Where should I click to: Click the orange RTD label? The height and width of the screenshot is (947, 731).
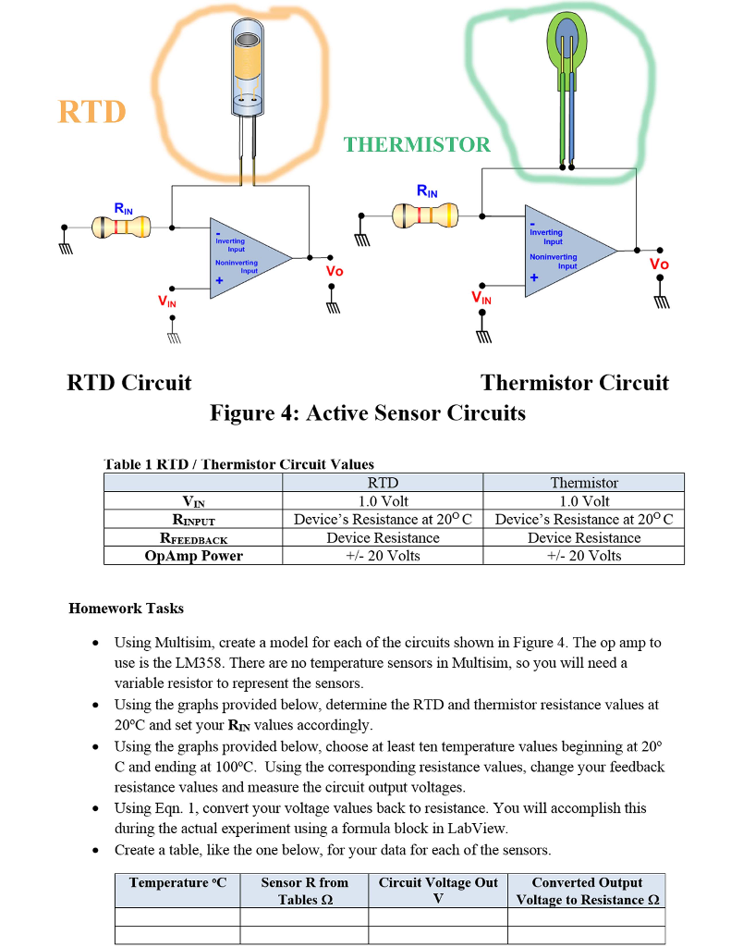pos(91,111)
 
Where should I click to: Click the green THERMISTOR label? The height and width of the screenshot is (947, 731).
pos(417,144)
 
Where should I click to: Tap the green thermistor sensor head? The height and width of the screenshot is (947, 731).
pos(567,44)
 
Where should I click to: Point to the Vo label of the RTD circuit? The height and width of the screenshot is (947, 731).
pos(334,271)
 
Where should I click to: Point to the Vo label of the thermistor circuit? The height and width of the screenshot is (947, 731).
pos(658,264)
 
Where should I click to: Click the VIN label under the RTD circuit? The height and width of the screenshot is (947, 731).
pos(166,301)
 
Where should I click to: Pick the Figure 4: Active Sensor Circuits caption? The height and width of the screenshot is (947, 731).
pos(367,412)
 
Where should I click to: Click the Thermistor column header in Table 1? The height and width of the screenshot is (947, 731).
pos(583,482)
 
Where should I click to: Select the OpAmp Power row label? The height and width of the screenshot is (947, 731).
pos(193,556)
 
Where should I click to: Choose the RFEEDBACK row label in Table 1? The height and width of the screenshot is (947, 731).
pos(193,537)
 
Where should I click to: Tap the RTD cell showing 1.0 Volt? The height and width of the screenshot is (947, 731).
pos(383,500)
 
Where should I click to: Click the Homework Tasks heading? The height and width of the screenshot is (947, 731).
pos(126,609)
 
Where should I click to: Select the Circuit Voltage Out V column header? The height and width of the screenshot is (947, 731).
pos(437,891)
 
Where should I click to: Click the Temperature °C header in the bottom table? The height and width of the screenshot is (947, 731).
pos(177,883)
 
